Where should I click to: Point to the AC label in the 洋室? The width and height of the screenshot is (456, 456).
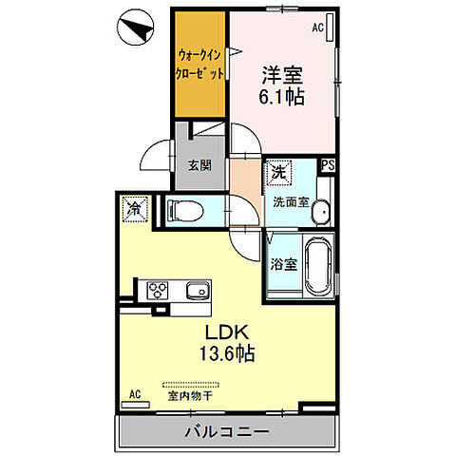point(318,28)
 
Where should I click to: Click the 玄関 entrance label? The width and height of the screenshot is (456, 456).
point(199,163)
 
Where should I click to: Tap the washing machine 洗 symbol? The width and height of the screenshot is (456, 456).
point(279,174)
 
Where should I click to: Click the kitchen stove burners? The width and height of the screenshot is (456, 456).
point(156,289)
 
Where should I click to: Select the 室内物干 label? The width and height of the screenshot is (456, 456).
point(190,395)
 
